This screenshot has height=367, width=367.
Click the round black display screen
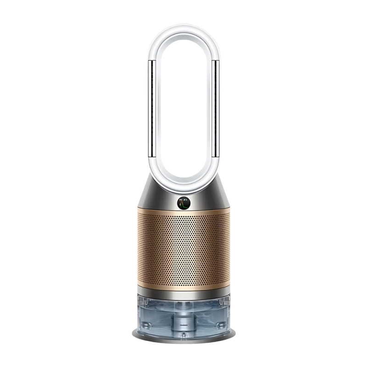(183, 202)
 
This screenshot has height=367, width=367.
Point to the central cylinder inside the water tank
(183, 314)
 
